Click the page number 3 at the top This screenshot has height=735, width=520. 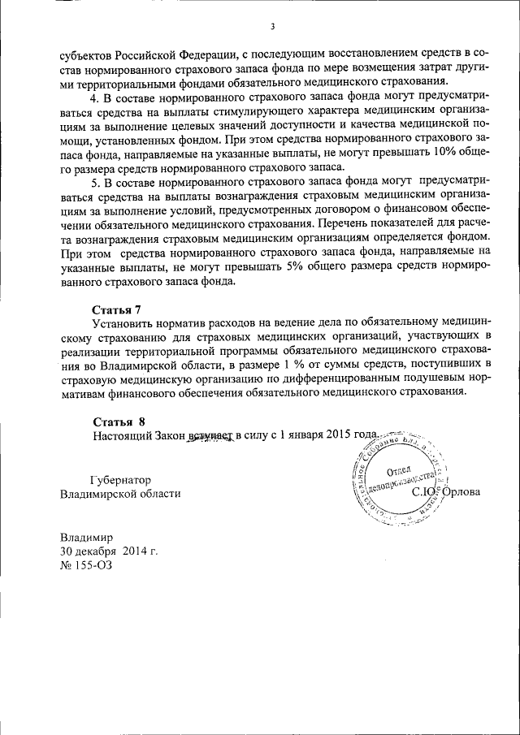click(273, 27)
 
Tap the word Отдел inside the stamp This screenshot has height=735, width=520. click(401, 473)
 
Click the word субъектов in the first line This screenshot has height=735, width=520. click(89, 56)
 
